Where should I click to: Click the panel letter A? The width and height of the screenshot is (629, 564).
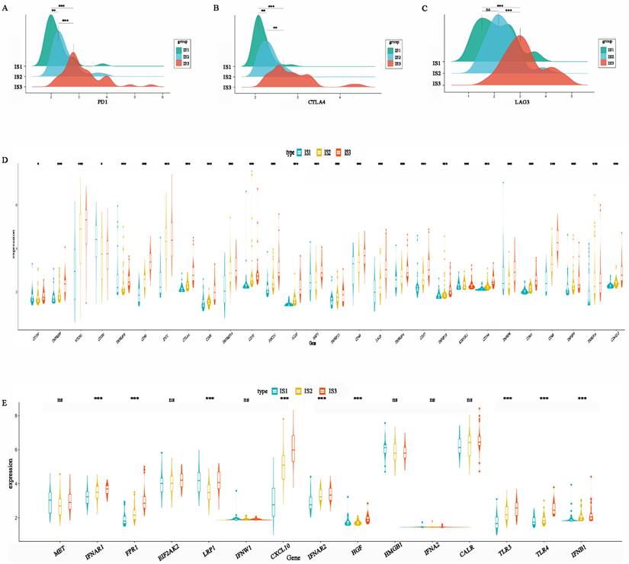click(6, 7)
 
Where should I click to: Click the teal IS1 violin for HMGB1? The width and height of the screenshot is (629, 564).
click(386, 450)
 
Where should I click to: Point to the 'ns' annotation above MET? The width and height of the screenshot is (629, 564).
click(59, 400)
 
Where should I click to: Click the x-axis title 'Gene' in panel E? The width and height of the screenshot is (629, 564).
click(315, 556)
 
